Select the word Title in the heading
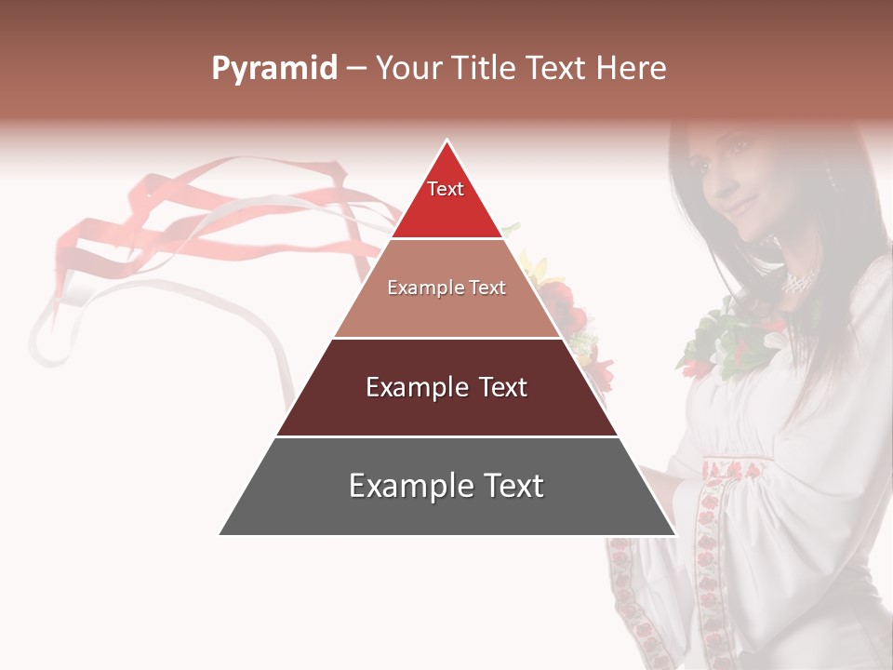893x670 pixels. pyautogui.click(x=484, y=69)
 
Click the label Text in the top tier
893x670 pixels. pyautogui.click(x=446, y=189)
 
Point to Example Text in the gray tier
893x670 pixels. pyautogui.click(x=446, y=486)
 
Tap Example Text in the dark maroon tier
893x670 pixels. pyautogui.click(x=446, y=387)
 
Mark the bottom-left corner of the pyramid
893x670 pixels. pyautogui.click(x=220, y=534)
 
